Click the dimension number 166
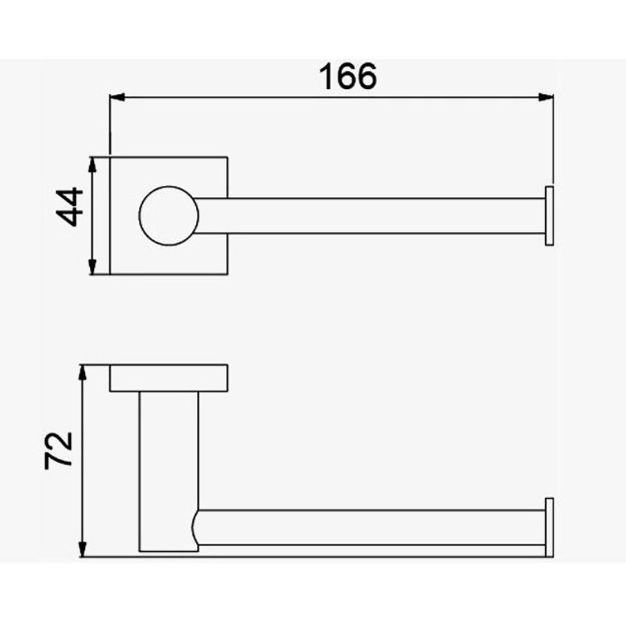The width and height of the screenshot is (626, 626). point(348,77)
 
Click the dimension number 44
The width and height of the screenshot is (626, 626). point(70,207)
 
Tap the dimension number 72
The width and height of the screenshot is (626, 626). point(59,450)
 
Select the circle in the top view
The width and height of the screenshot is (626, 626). point(169,186)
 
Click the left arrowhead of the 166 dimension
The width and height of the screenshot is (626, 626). point(117,97)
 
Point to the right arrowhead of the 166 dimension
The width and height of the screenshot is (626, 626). point(546,97)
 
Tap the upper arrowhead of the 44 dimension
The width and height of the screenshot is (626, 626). point(92,164)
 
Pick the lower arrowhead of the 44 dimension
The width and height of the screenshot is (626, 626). point(92,267)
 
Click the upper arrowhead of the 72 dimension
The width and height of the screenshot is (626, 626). point(82,372)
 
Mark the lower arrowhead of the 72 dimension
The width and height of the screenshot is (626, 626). point(82,549)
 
